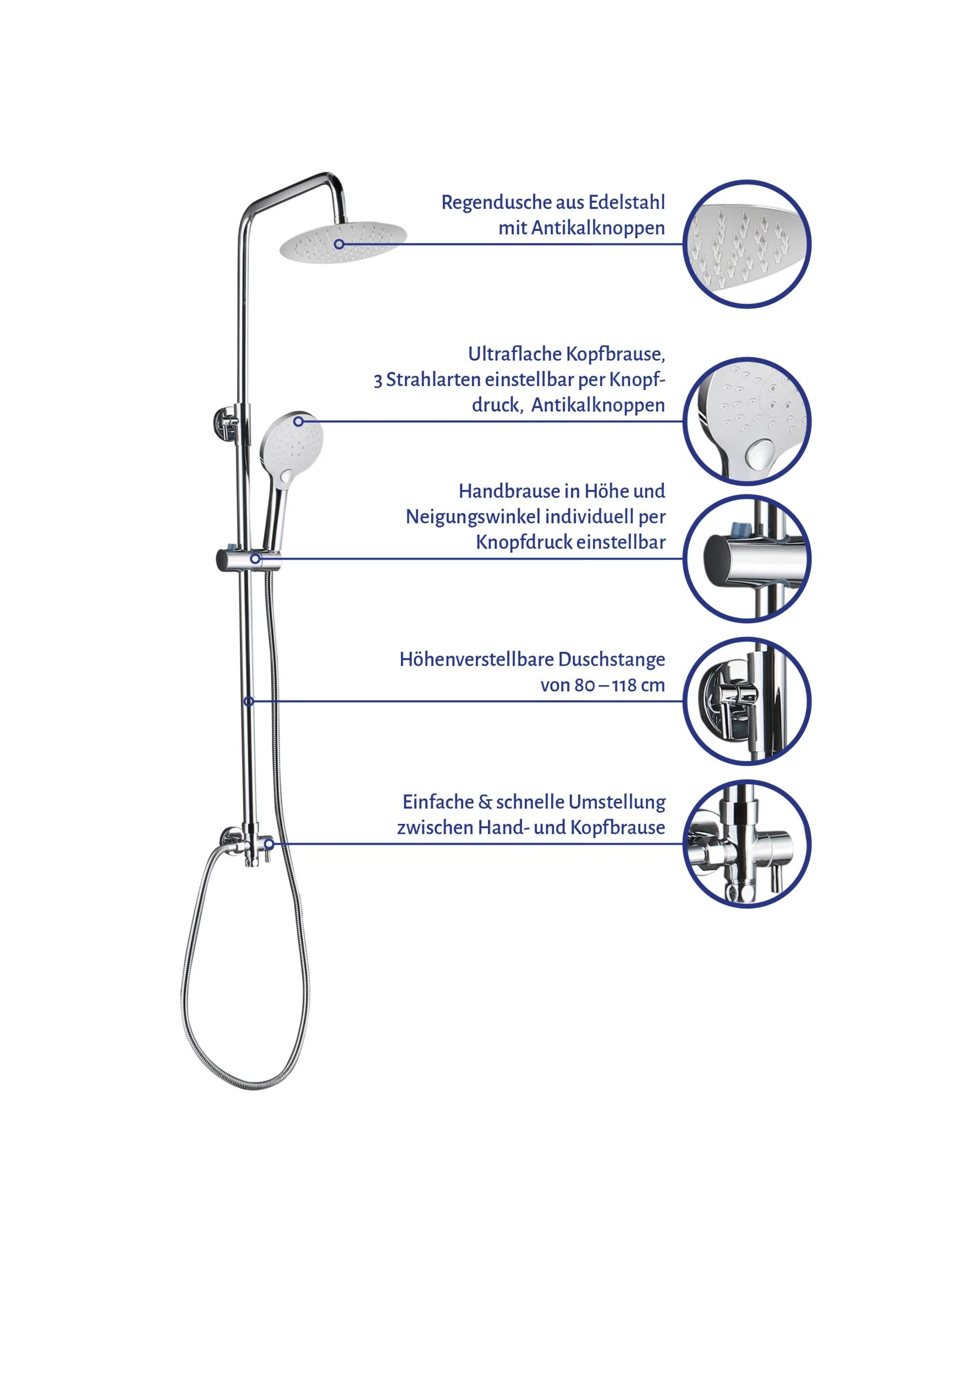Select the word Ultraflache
(x=514, y=354)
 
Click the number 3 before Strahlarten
(x=378, y=381)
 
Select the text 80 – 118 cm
(x=619, y=685)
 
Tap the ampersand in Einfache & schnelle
(x=484, y=802)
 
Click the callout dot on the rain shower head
(x=339, y=244)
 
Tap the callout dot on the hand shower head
(x=298, y=422)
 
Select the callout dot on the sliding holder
(x=255, y=559)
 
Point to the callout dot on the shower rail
(x=249, y=701)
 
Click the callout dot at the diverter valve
(x=270, y=844)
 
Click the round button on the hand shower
(x=287, y=477)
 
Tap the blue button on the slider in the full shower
(x=231, y=548)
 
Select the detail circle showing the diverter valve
(x=747, y=844)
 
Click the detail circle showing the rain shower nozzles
(x=747, y=244)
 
